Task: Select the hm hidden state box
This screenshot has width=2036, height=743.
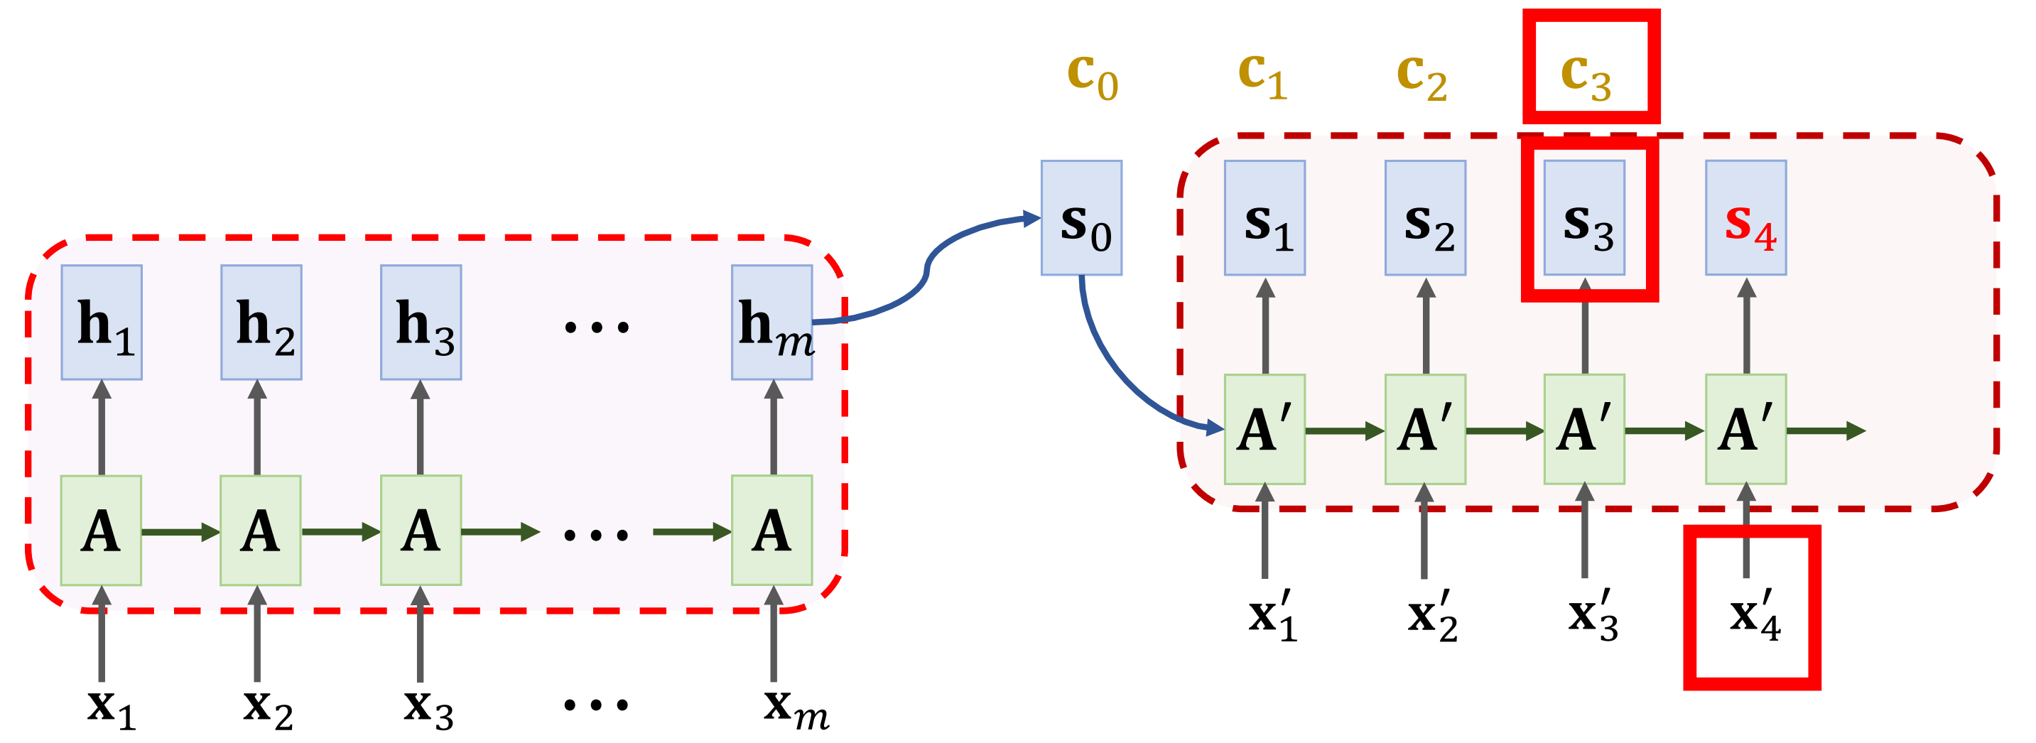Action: [771, 322]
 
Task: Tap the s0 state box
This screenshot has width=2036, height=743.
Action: [1081, 218]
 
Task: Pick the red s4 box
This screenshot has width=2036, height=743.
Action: [1746, 218]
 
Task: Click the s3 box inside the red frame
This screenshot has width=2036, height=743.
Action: [1585, 218]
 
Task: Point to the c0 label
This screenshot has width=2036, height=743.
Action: [1093, 75]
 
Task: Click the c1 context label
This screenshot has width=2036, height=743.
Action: [1262, 75]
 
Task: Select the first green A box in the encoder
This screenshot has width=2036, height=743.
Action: [101, 531]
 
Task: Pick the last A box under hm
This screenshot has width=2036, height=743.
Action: [771, 531]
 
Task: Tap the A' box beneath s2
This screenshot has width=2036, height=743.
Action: [1425, 429]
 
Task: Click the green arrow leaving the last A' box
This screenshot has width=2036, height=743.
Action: [1826, 430]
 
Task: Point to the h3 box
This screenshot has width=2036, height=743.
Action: [421, 322]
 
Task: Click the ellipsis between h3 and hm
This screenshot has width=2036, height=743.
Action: [597, 325]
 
